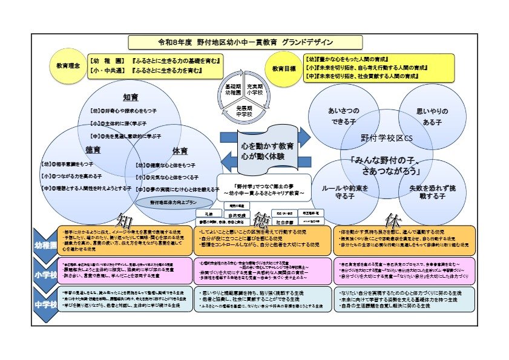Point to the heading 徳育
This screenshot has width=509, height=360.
[93, 149]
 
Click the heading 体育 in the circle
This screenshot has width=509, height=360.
[162, 149]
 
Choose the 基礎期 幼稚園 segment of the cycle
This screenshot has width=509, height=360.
[229, 90]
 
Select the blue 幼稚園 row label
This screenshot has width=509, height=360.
[44, 245]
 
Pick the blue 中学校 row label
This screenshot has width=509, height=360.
[44, 304]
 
